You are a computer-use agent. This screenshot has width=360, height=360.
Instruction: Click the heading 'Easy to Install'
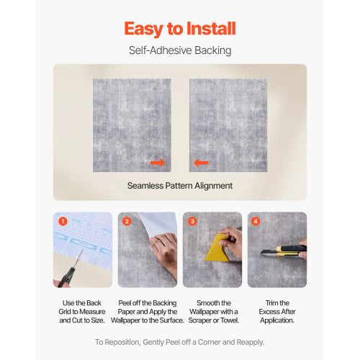179,29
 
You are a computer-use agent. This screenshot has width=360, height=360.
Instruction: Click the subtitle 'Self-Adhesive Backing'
179,51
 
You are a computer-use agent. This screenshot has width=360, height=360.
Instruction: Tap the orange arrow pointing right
157,163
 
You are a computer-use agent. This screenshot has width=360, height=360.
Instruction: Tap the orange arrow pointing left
202,163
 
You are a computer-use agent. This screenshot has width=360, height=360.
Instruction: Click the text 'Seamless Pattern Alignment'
179,185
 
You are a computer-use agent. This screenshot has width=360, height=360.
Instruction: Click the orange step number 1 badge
62,221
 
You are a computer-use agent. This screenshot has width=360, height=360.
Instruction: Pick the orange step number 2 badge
127,221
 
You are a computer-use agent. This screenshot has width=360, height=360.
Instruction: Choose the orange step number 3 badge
191,221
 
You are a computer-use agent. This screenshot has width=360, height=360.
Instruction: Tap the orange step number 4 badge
256,221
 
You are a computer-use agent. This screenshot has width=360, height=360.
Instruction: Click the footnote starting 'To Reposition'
179,341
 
